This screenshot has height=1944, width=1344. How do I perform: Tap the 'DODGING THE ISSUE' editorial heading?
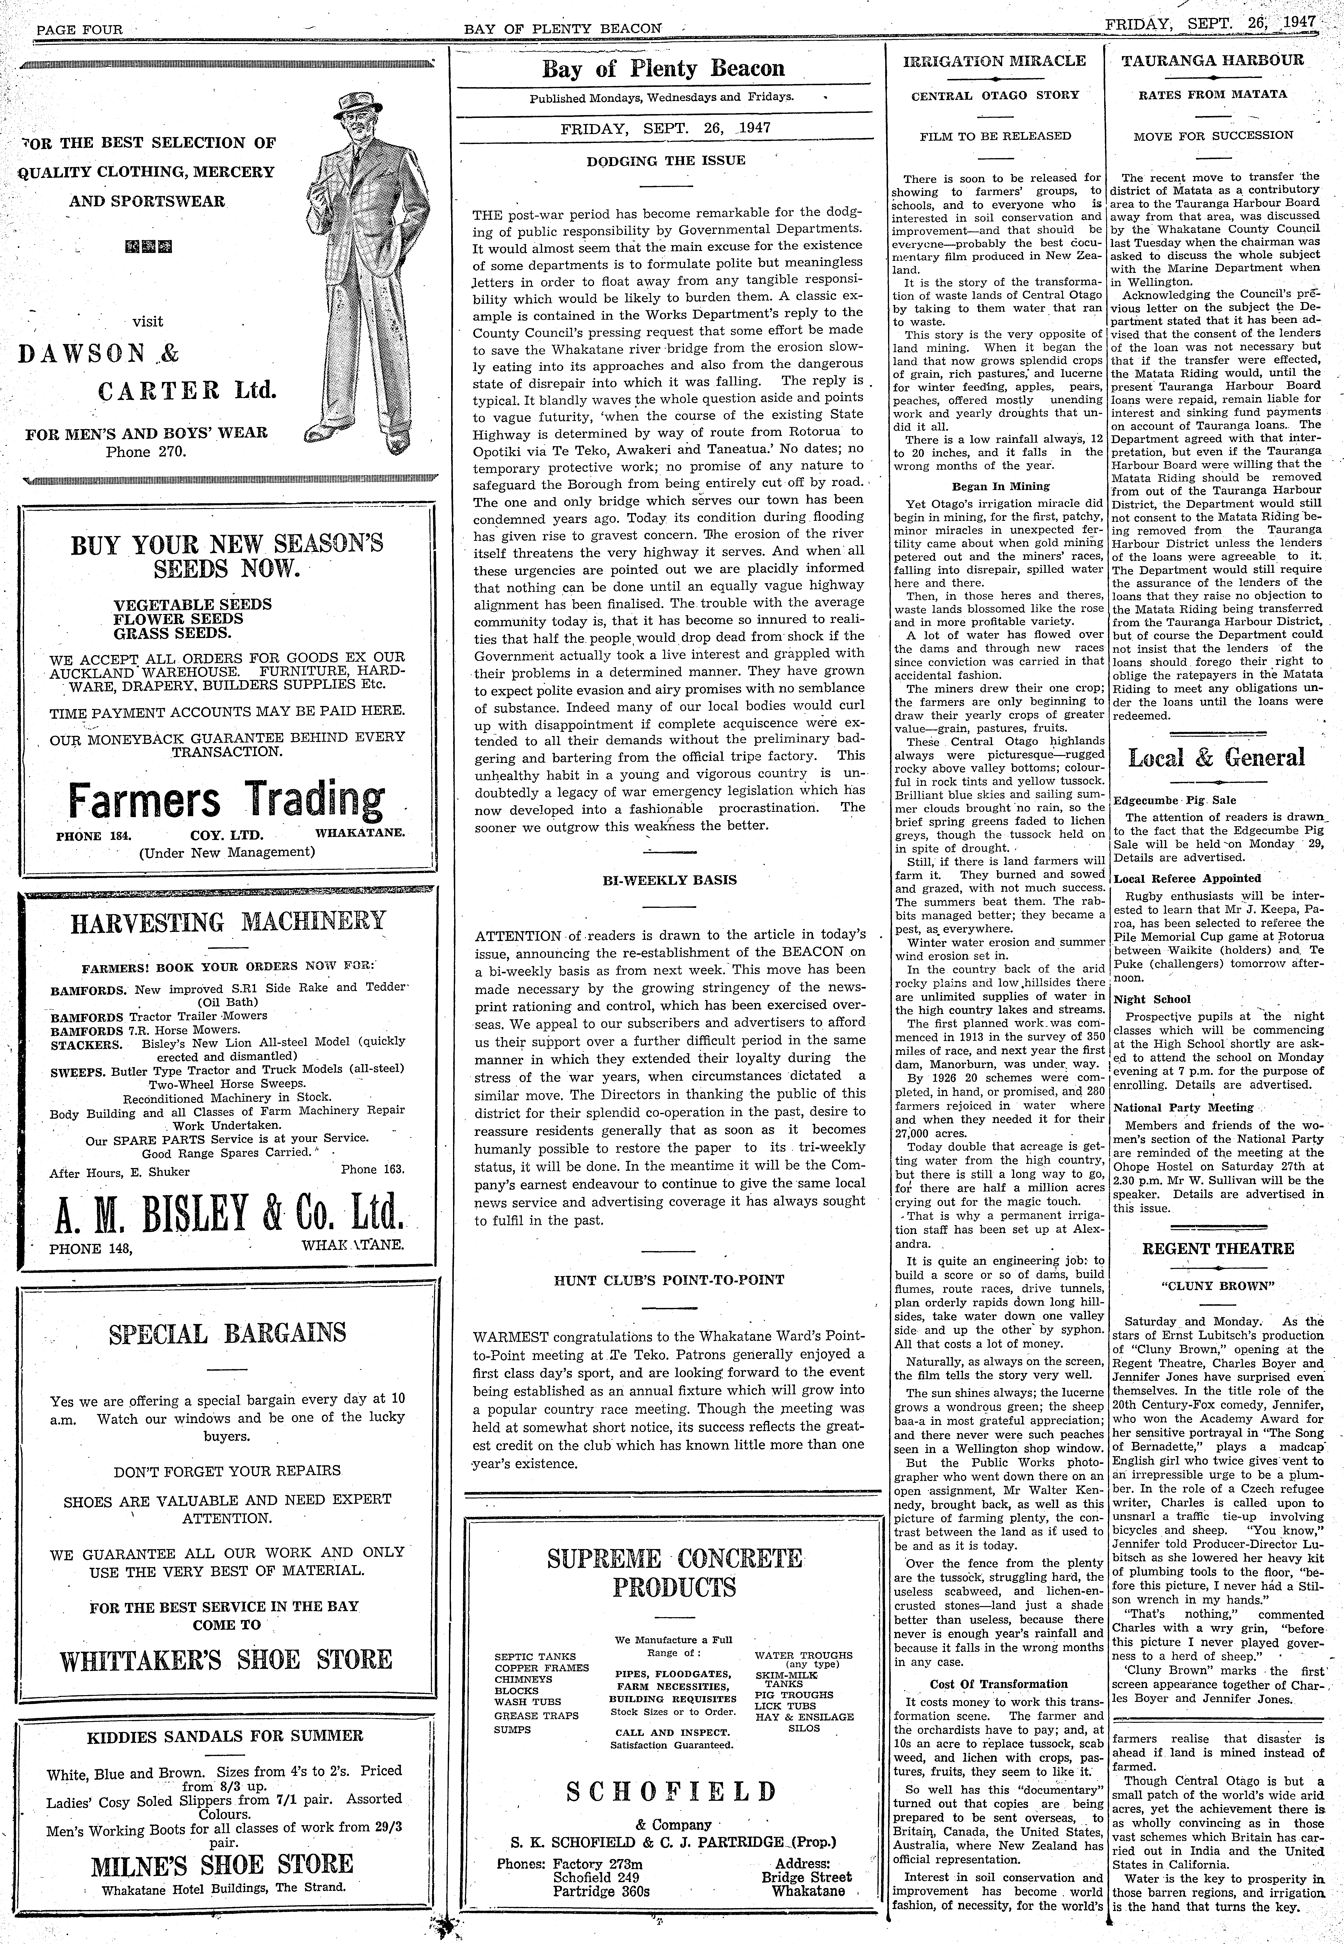(665, 160)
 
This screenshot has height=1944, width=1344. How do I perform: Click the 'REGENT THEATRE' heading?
(1218, 1249)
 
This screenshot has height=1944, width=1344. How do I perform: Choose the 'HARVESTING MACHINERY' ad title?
(227, 922)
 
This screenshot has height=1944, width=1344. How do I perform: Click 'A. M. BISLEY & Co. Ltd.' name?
(227, 1214)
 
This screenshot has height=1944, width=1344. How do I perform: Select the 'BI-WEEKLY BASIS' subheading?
(669, 880)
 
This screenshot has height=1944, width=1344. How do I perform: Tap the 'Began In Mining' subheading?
(1000, 486)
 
